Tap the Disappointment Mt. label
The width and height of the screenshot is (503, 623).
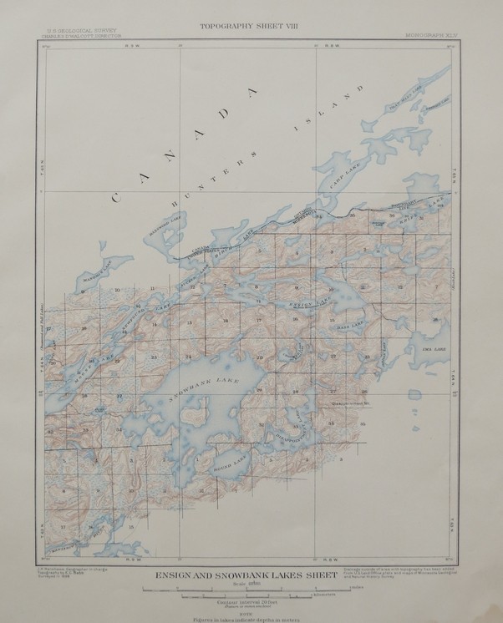click(x=343, y=403)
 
